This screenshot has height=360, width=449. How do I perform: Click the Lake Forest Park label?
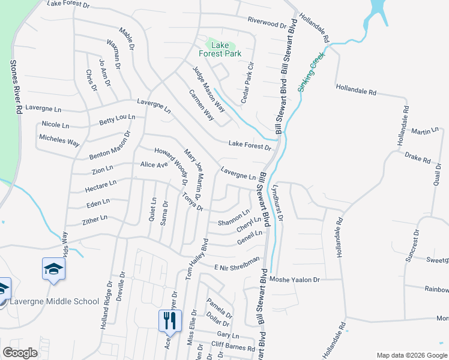[224, 49]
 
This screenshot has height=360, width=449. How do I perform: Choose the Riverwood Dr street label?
[267, 23]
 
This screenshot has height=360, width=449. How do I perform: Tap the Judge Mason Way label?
[209, 89]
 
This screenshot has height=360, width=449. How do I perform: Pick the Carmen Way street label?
[201, 105]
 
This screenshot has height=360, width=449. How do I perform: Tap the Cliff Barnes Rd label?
[234, 344]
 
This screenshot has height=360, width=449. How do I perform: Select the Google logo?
[20, 353]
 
